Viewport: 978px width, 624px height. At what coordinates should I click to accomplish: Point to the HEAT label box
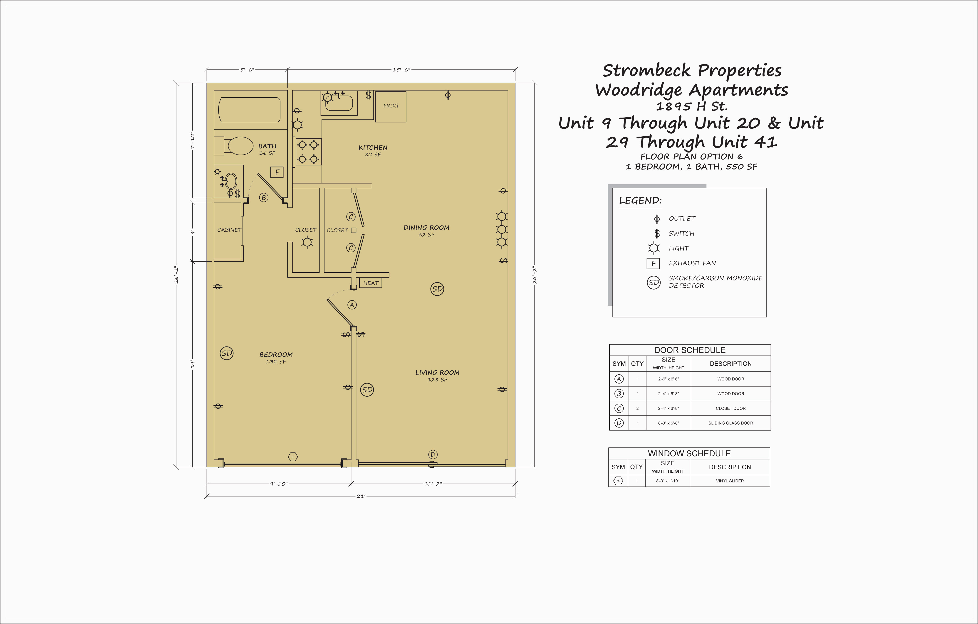(x=370, y=283)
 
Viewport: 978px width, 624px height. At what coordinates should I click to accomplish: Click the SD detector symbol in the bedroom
(x=227, y=353)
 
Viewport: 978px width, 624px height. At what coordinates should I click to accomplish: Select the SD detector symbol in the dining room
(x=437, y=289)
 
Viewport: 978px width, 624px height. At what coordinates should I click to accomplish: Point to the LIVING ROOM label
(x=437, y=372)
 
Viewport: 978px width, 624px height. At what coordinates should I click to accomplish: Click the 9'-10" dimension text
(x=279, y=484)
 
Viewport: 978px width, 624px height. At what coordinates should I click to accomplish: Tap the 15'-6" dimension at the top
(x=401, y=70)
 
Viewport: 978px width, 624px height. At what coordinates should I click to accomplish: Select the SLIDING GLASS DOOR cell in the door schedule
(x=731, y=423)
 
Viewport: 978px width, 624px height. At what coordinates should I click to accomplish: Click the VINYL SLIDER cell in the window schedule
(x=730, y=481)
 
